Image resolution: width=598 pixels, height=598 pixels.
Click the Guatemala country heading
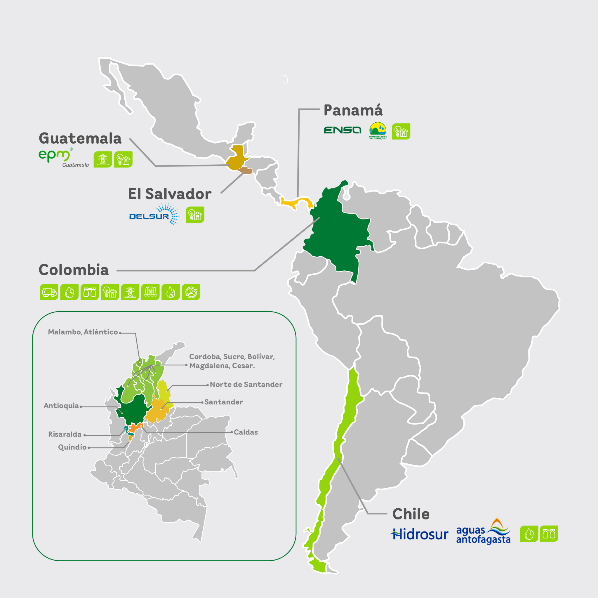[x=80, y=138]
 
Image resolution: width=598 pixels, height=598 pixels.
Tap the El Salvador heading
[x=170, y=194]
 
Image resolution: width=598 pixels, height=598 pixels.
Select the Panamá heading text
[x=353, y=110]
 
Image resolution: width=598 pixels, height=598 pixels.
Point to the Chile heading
[x=411, y=514]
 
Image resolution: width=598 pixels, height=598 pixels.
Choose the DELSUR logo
[x=154, y=214]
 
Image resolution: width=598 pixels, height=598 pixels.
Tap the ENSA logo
[x=342, y=130]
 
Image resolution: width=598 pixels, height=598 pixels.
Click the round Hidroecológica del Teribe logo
[x=378, y=131]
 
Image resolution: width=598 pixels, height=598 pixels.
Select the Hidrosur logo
[x=419, y=535]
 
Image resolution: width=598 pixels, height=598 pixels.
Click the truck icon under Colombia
[x=49, y=292]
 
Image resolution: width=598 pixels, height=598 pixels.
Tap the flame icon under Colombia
[x=171, y=292]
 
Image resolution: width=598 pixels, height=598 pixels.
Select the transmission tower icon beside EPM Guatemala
[x=102, y=159]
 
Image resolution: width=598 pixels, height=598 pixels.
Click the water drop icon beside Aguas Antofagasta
[x=529, y=534]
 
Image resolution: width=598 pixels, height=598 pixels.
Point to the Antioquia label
[x=61, y=406]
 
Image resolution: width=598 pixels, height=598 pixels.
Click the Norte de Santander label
[x=246, y=385]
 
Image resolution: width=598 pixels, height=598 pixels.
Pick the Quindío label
[x=72, y=447]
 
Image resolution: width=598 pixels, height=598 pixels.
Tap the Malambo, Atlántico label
[x=83, y=332]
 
